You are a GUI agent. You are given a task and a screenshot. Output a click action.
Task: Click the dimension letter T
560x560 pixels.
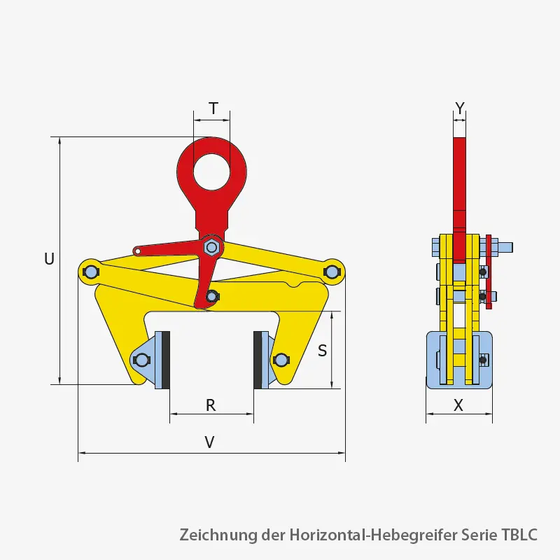[213, 108]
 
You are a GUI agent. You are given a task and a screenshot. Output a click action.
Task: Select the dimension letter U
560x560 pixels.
[49, 259]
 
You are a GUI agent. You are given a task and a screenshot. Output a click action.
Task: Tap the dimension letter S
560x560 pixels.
[322, 350]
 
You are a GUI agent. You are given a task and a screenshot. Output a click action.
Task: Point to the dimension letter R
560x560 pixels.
[211, 405]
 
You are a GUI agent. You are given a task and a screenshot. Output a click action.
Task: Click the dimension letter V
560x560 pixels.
[209, 442]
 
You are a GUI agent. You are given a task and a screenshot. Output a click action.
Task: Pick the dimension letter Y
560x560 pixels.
[459, 107]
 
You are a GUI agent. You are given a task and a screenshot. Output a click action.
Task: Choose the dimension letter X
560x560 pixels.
[458, 405]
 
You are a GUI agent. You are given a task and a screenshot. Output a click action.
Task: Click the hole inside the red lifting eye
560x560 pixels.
[212, 171]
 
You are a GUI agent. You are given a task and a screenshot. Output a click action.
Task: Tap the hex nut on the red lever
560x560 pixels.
[211, 247]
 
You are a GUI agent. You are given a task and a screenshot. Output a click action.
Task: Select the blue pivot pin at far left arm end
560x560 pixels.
[90, 271]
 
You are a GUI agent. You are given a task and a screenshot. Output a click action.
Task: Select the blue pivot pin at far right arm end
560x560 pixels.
[332, 270]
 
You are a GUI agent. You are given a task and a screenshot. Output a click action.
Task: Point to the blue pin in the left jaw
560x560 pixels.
[141, 360]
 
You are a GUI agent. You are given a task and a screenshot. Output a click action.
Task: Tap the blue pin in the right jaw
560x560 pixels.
[281, 360]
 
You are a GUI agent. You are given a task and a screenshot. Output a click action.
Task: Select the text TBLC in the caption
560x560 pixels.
[519, 535]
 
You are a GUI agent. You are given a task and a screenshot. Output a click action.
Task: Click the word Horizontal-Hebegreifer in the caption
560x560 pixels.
[372, 535]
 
